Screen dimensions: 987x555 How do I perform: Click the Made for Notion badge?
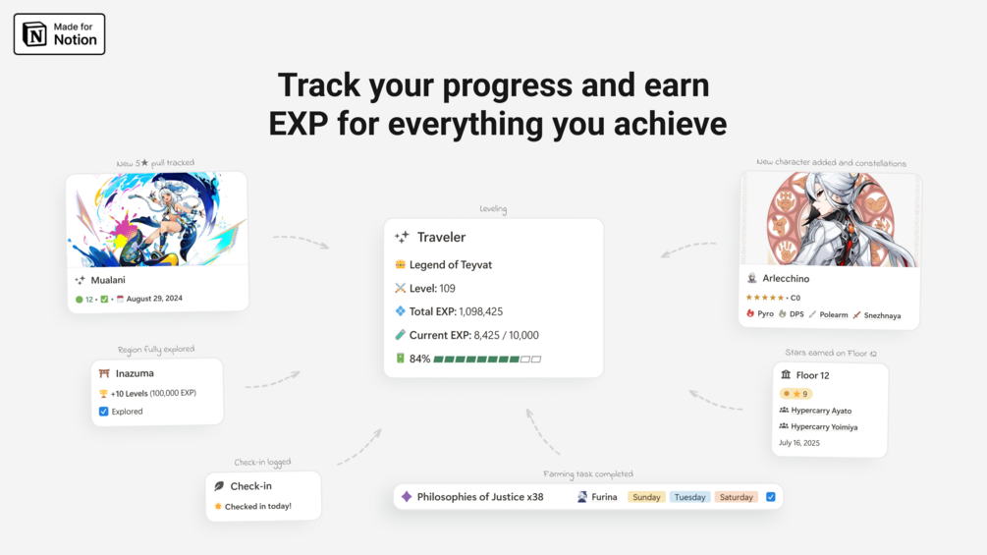click(59, 34)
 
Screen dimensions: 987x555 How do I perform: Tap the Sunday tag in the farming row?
click(646, 497)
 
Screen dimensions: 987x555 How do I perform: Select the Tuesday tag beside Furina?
click(689, 497)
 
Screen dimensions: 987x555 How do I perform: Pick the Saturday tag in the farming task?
click(736, 497)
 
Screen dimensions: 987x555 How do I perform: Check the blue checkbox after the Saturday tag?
click(771, 496)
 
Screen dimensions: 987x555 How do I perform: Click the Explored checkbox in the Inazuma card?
click(104, 411)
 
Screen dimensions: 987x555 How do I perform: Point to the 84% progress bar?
click(487, 360)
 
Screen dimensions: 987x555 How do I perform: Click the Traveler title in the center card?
click(441, 238)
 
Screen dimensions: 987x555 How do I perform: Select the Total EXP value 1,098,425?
click(481, 311)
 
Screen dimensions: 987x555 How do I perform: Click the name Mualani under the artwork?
click(108, 280)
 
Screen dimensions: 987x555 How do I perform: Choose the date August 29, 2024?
click(154, 299)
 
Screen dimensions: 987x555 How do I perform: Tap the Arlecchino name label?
click(786, 278)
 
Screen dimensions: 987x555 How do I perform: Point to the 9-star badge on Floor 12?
click(796, 394)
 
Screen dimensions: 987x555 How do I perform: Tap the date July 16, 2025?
click(799, 443)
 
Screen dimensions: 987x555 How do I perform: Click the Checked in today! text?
click(258, 507)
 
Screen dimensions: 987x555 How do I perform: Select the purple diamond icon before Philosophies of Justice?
click(407, 496)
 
